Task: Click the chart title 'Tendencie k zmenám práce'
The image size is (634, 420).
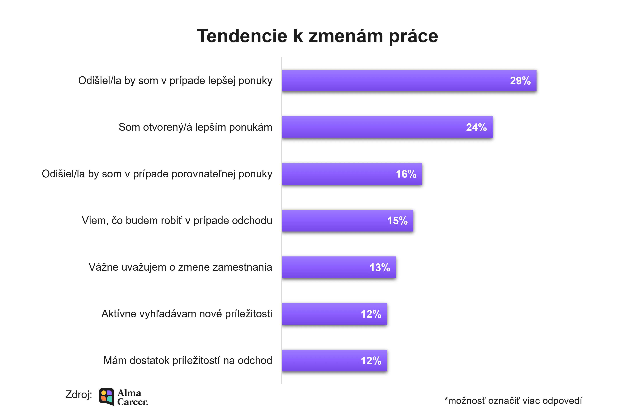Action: pyautogui.click(x=317, y=36)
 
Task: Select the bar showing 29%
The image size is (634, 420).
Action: pyautogui.click(x=402, y=81)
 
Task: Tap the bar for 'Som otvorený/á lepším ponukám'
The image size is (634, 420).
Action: pyautogui.click(x=375, y=127)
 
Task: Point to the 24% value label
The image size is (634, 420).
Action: pyautogui.click(x=476, y=127)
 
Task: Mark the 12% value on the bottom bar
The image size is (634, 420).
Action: pyautogui.click(x=371, y=360)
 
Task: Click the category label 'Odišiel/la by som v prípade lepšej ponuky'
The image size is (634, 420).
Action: pyautogui.click(x=175, y=81)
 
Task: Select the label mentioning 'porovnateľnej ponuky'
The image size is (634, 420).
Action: pyautogui.click(x=157, y=174)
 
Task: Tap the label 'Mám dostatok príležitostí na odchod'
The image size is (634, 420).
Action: pyautogui.click(x=187, y=360)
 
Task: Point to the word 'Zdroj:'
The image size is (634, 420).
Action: pyautogui.click(x=79, y=394)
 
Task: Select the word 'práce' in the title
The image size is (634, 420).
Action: pyautogui.click(x=413, y=36)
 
